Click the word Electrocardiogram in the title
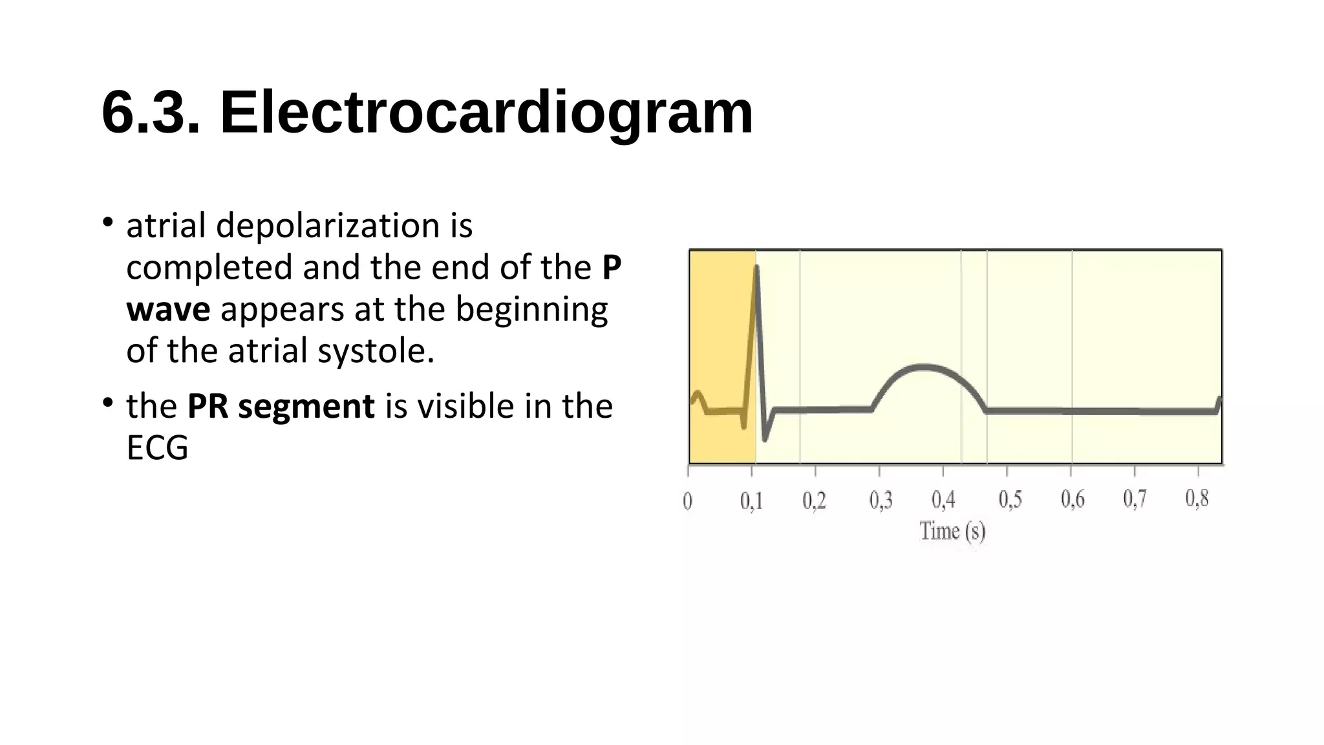point(486,113)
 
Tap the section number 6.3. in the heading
point(151,113)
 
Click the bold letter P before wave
point(611,268)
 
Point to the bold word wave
point(168,310)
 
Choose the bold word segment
point(306,407)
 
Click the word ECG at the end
point(157,448)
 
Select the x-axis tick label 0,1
point(751,501)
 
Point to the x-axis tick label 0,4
point(943,500)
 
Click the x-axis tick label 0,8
point(1197,499)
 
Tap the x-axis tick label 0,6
point(1073,499)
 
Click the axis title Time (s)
point(952,532)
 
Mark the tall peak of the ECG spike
point(756,266)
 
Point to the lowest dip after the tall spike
point(765,440)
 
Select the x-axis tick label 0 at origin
point(688,501)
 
